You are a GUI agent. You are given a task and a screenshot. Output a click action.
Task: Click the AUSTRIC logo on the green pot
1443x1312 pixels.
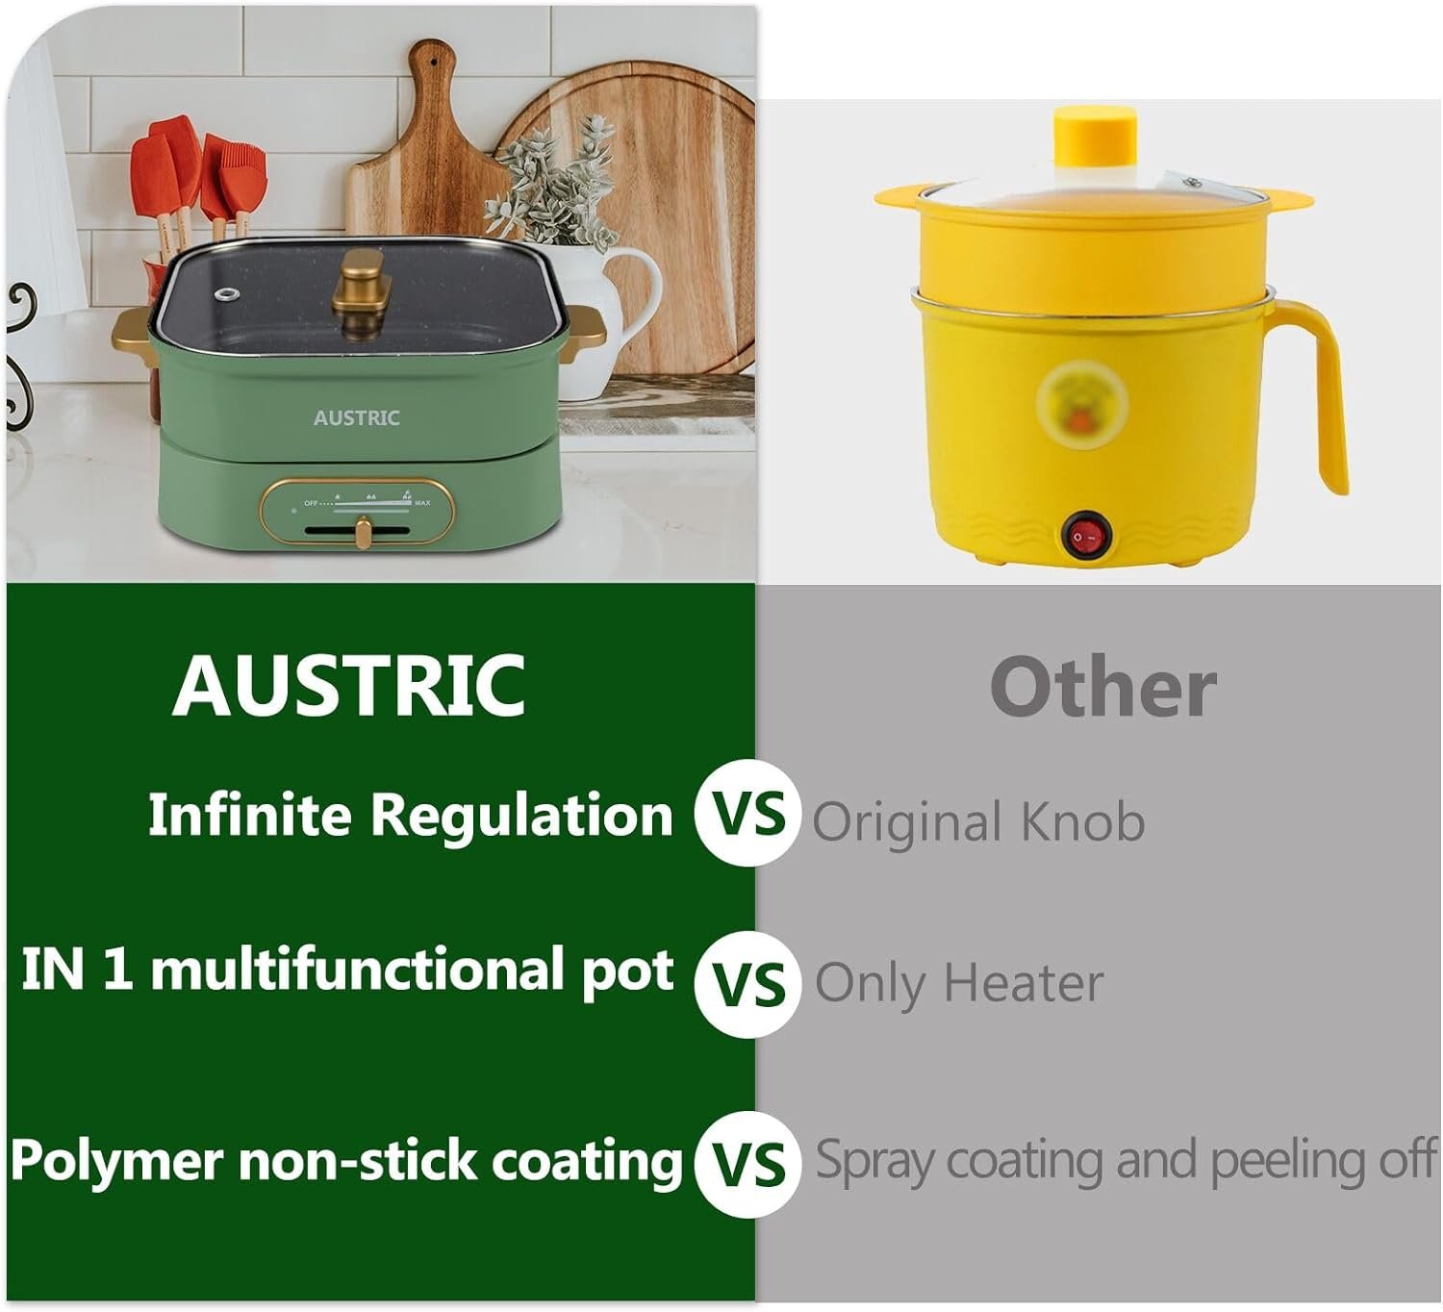[x=356, y=417]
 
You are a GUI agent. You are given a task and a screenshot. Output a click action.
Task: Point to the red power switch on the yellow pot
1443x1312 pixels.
[x=1085, y=536]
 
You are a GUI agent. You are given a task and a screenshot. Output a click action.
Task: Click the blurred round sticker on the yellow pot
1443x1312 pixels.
[x=1081, y=404]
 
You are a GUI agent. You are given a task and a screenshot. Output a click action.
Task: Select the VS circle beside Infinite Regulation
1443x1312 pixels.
[x=747, y=813]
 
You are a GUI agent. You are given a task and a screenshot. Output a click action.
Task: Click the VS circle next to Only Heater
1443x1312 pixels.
[x=747, y=983]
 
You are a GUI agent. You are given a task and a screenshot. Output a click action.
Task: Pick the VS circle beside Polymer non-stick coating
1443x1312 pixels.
[x=747, y=1164]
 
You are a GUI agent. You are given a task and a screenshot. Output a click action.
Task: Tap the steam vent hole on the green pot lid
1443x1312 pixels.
[x=229, y=295]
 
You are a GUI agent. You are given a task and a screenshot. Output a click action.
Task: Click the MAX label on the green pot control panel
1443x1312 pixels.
[x=422, y=503]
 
